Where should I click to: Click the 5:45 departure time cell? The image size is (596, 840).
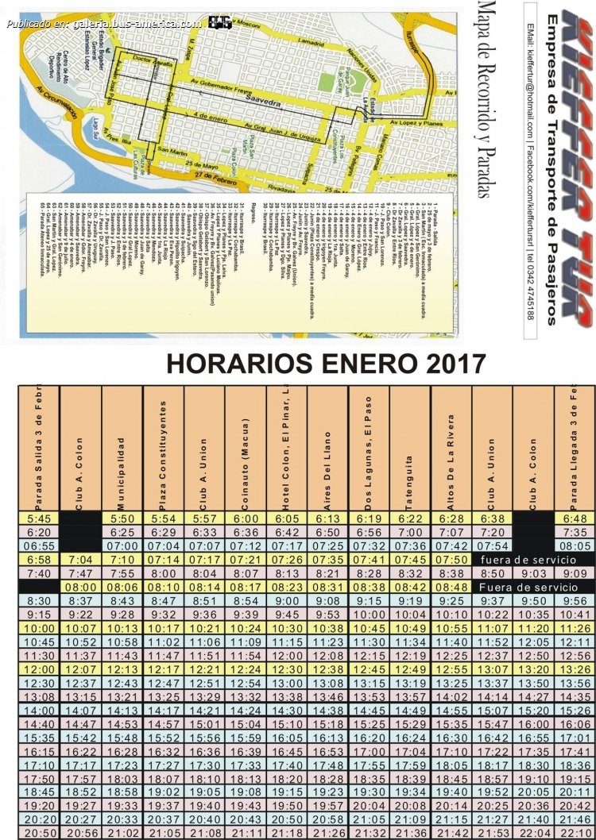point(39,518)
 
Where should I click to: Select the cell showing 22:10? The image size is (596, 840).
point(575,833)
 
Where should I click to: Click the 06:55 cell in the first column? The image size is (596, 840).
point(39,545)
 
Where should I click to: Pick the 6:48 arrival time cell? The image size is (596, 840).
point(575,518)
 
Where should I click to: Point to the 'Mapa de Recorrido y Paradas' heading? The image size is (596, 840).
point(486,99)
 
